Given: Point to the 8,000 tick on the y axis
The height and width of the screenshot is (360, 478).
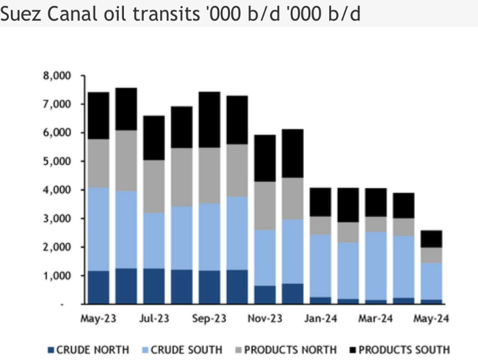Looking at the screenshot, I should [x=58, y=76].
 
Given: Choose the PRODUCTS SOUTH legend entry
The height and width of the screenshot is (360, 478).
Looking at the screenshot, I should [x=399, y=350].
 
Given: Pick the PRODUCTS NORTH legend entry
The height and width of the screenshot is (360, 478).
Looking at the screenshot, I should [x=286, y=350].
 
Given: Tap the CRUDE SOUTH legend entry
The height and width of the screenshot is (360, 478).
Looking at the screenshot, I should [x=186, y=350].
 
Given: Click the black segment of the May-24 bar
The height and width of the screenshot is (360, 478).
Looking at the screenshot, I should [x=431, y=239].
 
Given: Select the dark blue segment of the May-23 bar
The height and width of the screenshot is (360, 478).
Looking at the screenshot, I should [x=99, y=287].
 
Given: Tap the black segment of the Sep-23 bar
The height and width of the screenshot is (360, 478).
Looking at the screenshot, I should [x=209, y=119].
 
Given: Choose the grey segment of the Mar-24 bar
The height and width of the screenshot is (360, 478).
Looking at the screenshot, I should [x=376, y=224].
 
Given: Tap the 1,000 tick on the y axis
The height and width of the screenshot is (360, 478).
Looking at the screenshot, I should [x=58, y=275].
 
